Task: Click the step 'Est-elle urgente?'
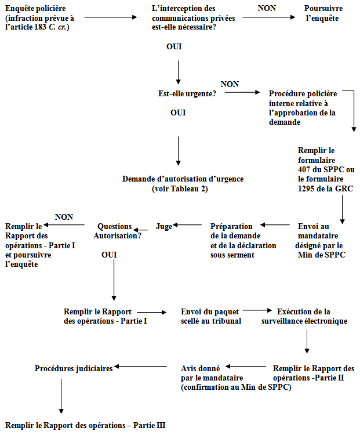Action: [x=187, y=94]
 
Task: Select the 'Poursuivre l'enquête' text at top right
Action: [x=323, y=13]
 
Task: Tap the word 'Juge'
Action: [x=164, y=226]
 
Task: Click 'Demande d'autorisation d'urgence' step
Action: [x=183, y=179]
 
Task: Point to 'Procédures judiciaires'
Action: [x=74, y=368]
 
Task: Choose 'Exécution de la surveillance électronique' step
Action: [x=304, y=316]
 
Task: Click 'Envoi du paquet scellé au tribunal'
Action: [x=211, y=316]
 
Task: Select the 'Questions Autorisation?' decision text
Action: [x=117, y=231]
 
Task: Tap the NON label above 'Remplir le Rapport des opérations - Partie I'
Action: [x=64, y=217]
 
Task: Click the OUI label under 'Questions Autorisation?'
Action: [x=109, y=255]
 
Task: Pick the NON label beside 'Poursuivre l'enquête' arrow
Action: [x=267, y=8]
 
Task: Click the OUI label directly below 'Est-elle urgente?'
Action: [x=178, y=113]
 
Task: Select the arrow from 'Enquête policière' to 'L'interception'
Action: [x=110, y=17]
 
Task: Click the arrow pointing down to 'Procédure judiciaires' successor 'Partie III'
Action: [x=61, y=396]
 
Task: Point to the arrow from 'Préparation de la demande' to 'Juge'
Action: [x=187, y=224]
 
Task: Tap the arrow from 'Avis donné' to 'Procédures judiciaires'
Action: [x=141, y=366]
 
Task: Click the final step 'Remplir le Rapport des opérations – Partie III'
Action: [x=85, y=425]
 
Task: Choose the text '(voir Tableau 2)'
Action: [x=180, y=188]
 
